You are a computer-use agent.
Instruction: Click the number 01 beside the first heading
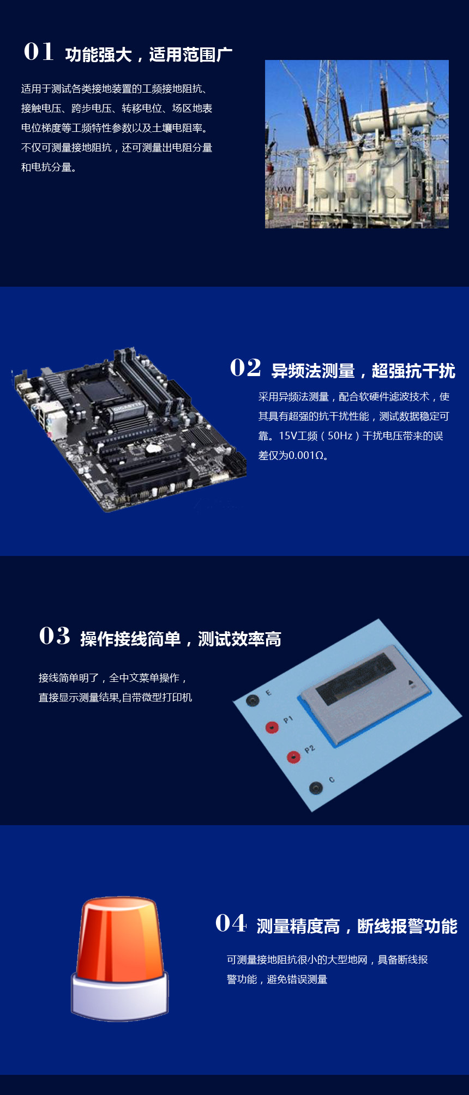(39, 52)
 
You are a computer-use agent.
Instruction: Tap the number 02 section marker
(245, 368)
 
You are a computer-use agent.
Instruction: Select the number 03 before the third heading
(55, 636)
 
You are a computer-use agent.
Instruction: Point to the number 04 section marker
(231, 923)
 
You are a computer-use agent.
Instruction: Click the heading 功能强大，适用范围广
(149, 55)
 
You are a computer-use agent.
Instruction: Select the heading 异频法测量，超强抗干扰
(363, 371)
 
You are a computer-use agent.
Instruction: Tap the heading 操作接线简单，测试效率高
(181, 639)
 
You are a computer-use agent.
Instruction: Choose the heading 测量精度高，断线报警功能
(357, 927)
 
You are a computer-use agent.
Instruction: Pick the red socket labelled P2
(293, 757)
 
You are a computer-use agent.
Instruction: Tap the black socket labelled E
(252, 700)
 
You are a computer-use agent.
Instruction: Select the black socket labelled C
(316, 788)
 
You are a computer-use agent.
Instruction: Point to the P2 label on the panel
(310, 749)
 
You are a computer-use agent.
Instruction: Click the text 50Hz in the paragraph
(340, 436)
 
